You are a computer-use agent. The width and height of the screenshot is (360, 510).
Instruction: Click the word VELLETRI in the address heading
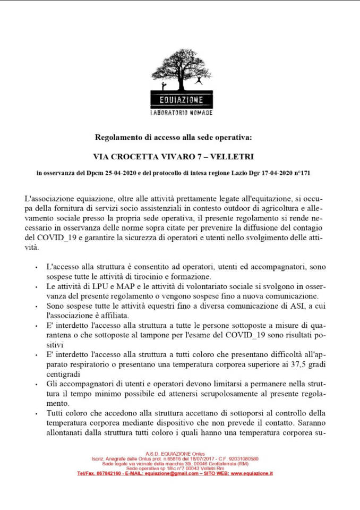pos(232,157)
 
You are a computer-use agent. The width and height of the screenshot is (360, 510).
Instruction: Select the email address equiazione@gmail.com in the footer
pos(171,473)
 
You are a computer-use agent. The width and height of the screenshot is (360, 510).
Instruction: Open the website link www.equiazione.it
pos(252,473)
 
